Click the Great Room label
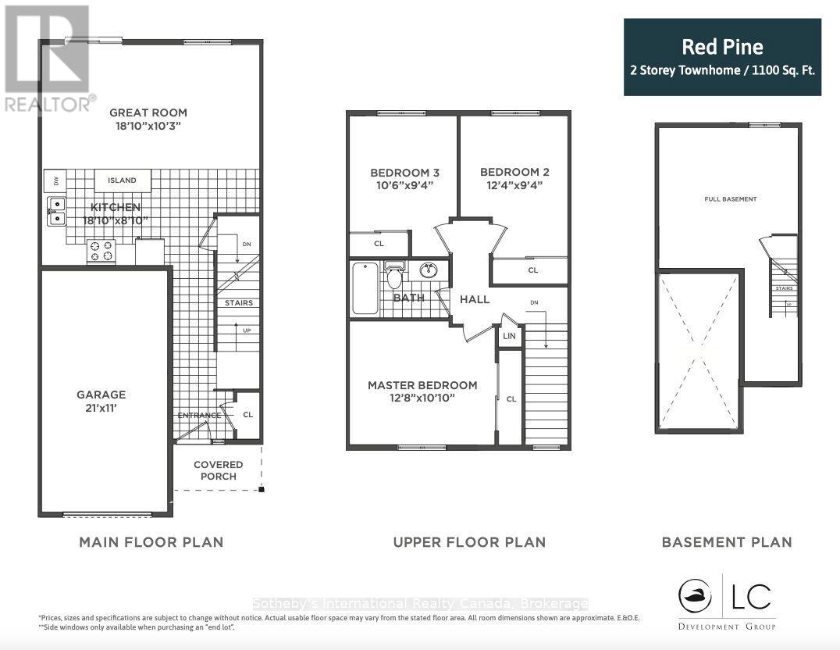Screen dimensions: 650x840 148,111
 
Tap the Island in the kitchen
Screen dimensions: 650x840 122,180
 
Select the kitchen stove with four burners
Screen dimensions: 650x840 101,250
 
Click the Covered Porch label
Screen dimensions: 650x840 219,470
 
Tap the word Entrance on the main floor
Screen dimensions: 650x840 198,415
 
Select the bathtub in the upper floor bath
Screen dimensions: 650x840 365,289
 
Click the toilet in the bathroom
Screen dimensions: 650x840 394,277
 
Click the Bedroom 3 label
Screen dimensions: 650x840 400,173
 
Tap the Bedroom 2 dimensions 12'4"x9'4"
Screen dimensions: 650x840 511,186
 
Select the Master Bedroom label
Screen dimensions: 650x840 422,385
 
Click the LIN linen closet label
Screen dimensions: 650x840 510,336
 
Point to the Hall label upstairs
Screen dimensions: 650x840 475,299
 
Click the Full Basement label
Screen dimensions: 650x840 730,199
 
